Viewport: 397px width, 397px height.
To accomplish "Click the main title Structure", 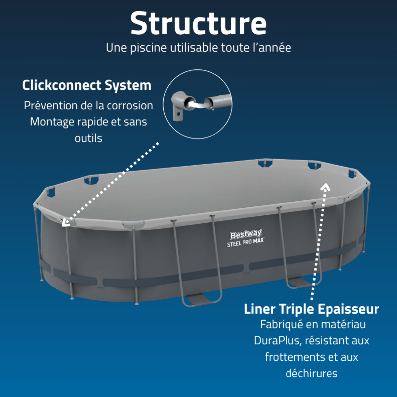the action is point(198,23).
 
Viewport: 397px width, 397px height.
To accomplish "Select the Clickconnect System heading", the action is point(87,85).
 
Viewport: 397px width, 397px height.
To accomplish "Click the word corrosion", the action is point(130,106).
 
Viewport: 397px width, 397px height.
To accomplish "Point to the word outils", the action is point(88,138).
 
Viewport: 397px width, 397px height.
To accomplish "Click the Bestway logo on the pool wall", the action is point(245,235).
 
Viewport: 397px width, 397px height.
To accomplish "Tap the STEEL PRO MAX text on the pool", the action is point(245,243).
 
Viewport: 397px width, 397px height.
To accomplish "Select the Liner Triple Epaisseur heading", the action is point(312,309).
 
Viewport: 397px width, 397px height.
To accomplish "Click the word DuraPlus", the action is point(278,341).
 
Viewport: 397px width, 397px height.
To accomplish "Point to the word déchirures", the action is point(312,373).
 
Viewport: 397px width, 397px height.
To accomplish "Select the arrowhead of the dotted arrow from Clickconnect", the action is point(65,223).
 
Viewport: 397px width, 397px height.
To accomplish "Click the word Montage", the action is point(52,122).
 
